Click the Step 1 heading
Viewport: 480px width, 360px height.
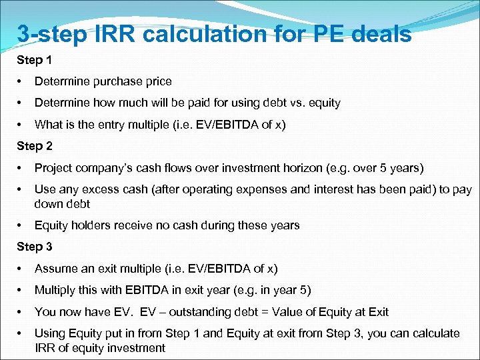click(34, 60)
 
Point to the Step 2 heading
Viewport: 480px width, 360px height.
click(34, 145)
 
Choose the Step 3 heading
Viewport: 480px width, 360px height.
click(34, 247)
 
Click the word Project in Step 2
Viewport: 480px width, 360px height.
click(53, 167)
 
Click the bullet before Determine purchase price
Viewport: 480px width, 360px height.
click(21, 81)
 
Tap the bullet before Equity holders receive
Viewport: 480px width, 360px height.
click(21, 225)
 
